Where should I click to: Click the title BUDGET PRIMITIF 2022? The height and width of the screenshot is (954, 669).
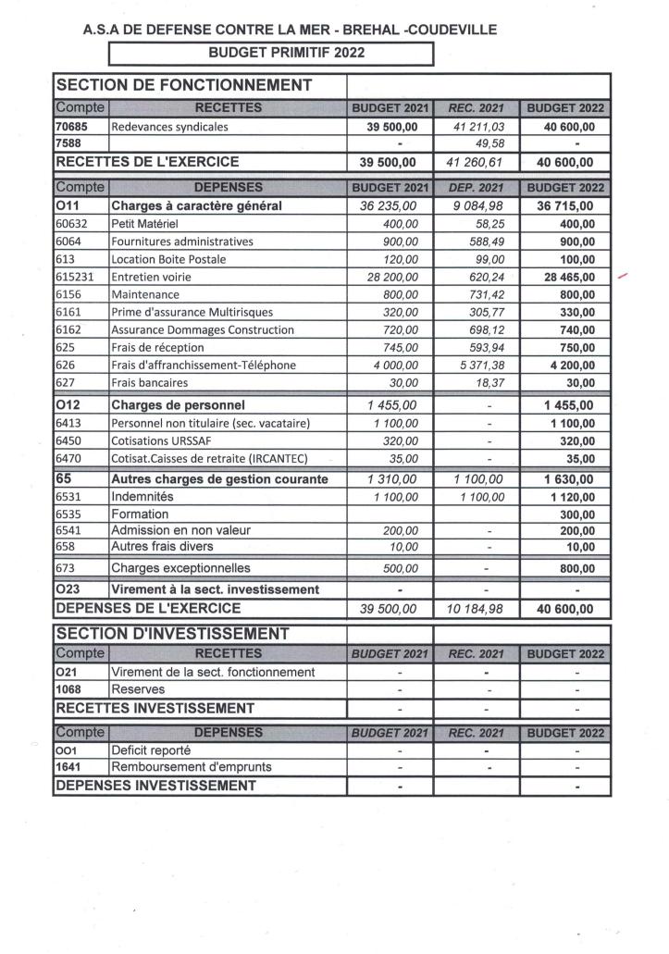[x=272, y=53]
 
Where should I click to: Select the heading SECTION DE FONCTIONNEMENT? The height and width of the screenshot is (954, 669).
[x=184, y=85]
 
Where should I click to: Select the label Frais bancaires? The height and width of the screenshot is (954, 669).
[x=149, y=382]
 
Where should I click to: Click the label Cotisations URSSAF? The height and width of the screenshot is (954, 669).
[x=163, y=440]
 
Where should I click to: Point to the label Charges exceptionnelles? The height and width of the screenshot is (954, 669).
[x=180, y=567]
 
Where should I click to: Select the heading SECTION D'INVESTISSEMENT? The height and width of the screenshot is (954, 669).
[x=173, y=634]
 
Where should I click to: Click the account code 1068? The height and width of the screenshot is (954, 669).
[x=70, y=689]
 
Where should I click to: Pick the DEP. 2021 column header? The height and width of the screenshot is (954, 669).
[x=477, y=187]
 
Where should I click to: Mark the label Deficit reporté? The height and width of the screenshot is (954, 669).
[x=151, y=750]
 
